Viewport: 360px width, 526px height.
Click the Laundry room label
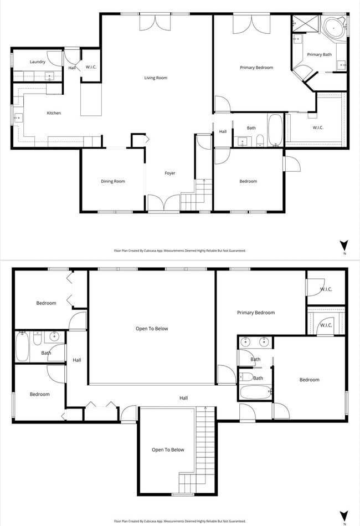tap(38, 62)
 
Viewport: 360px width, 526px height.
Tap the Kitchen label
tap(54, 113)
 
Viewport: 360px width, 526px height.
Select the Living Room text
tap(156, 78)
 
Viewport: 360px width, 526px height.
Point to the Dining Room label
tap(113, 181)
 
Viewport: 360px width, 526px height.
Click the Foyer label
tap(170, 173)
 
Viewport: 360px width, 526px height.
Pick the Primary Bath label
tap(319, 54)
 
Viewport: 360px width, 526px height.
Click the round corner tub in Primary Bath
tap(334, 27)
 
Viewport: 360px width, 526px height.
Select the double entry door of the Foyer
tap(163, 203)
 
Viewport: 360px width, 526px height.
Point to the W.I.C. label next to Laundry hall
tap(91, 68)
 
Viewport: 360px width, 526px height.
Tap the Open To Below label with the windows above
tap(152, 329)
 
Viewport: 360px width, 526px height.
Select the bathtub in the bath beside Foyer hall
tap(275, 130)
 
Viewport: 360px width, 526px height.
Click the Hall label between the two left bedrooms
tap(77, 360)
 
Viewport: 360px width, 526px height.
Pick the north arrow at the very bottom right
tap(344, 515)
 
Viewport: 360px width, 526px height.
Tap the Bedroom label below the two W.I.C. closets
tap(309, 380)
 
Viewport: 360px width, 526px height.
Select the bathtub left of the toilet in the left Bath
tap(22, 347)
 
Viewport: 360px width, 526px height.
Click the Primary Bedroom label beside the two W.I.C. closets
tap(256, 313)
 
